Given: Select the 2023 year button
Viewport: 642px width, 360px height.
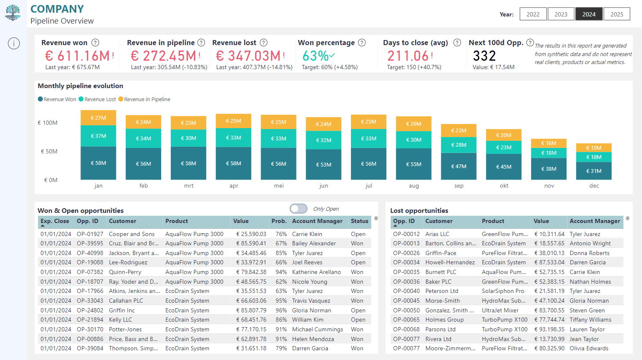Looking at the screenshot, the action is pyautogui.click(x=561, y=14).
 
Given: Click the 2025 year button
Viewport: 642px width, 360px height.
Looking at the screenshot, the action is pyautogui.click(x=617, y=14).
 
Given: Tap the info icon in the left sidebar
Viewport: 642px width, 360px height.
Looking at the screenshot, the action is pyautogui.click(x=14, y=43).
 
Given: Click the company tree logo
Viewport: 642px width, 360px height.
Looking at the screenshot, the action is pyautogui.click(x=13, y=13).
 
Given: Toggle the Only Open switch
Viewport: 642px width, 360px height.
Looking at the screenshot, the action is pyautogui.click(x=298, y=209).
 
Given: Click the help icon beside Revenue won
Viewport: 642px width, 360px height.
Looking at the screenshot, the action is pyautogui.click(x=95, y=43).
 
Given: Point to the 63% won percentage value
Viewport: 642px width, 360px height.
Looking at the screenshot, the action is pyautogui.click(x=315, y=56).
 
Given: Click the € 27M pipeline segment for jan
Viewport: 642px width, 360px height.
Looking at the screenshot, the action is pyautogui.click(x=98, y=118).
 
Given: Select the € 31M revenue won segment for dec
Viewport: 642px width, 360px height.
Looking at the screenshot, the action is pyautogui.click(x=594, y=171).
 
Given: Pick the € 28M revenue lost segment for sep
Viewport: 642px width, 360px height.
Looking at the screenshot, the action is pyautogui.click(x=459, y=145).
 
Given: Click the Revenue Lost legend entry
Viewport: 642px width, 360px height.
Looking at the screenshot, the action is pyautogui.click(x=97, y=99).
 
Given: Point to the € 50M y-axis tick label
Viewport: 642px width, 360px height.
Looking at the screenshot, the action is pyautogui.click(x=49, y=151).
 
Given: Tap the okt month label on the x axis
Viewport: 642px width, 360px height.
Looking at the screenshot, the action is pyautogui.click(x=504, y=185).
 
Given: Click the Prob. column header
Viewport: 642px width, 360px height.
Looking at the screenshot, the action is pyautogui.click(x=279, y=221).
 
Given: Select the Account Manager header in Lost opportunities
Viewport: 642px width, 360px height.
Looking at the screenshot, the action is pyautogui.click(x=594, y=221).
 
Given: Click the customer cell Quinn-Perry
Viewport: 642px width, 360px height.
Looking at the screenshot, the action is pyautogui.click(x=125, y=272).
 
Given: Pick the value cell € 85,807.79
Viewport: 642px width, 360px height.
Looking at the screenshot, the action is pyautogui.click(x=251, y=310).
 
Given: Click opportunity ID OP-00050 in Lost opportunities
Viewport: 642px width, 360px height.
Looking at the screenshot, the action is pyautogui.click(x=406, y=310).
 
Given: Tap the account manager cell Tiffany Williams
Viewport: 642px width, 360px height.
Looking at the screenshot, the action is pyautogui.click(x=591, y=320).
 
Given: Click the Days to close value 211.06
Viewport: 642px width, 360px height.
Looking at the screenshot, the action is pyautogui.click(x=408, y=56).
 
